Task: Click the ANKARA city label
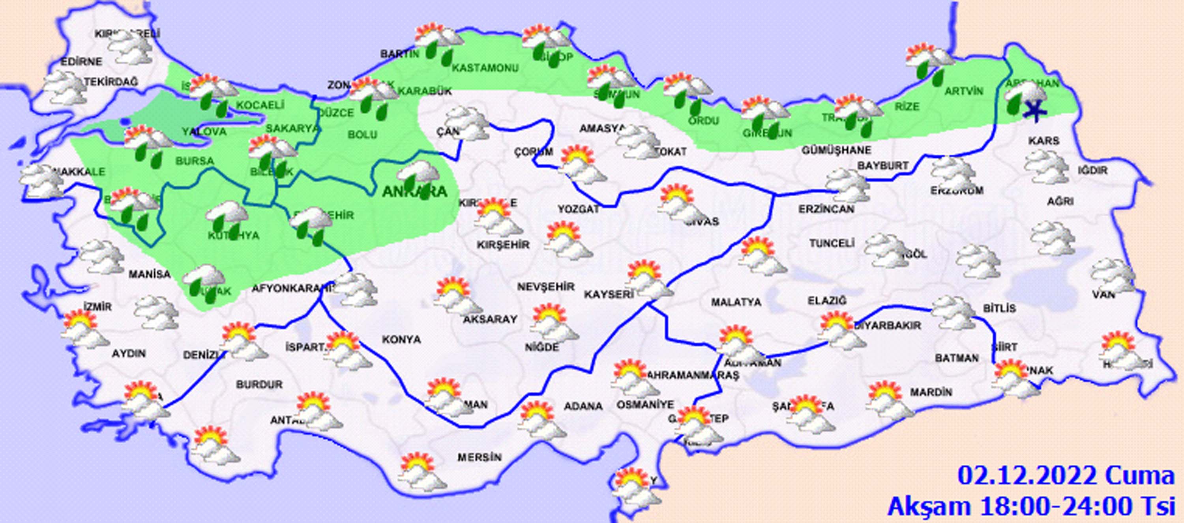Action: [x=414, y=192]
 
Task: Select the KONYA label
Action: [x=401, y=339]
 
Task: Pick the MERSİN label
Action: [x=480, y=457]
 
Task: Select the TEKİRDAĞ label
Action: [x=111, y=82]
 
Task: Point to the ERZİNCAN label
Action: [x=826, y=209]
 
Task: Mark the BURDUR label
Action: [x=259, y=384]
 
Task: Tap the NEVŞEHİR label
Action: [x=545, y=287]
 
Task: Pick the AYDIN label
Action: [x=129, y=354]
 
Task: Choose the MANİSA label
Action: [x=149, y=275]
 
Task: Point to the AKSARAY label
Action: [x=490, y=319]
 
